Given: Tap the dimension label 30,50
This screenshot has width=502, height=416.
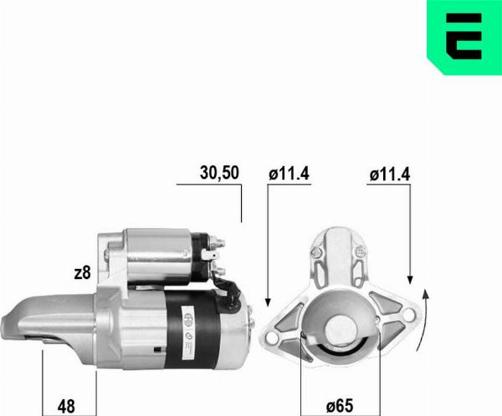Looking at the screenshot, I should [x=220, y=173].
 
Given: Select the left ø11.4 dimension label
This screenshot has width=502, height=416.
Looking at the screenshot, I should [x=289, y=174].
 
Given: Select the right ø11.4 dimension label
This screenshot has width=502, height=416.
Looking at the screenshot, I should [x=389, y=174].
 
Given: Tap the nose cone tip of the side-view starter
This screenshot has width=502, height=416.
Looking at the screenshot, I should [x=13, y=318].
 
